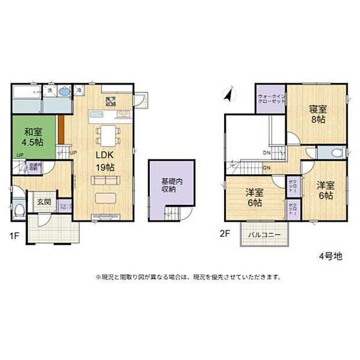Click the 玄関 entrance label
tap(44, 202)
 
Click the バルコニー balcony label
tap(265, 235)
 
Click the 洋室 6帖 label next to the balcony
tap(253, 197)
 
